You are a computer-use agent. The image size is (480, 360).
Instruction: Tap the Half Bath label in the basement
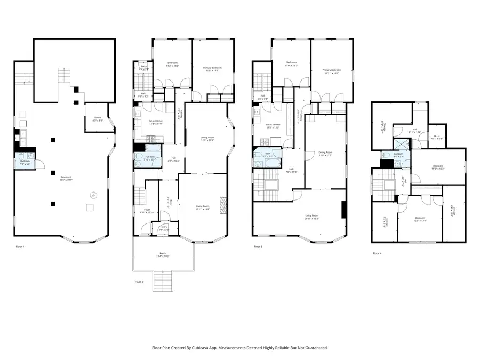point(25,162)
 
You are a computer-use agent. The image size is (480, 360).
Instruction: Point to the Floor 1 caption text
point(20,247)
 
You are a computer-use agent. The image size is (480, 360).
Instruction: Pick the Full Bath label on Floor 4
point(398,155)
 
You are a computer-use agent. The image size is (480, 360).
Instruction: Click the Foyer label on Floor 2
point(146,211)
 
